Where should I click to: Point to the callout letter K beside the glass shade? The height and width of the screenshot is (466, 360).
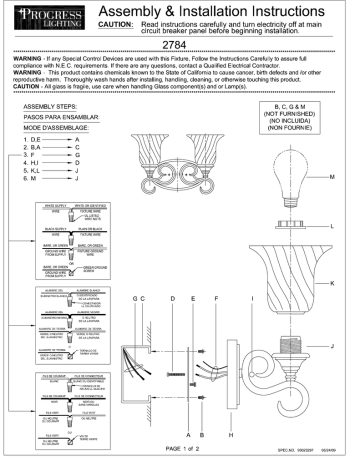coord(344,282)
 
